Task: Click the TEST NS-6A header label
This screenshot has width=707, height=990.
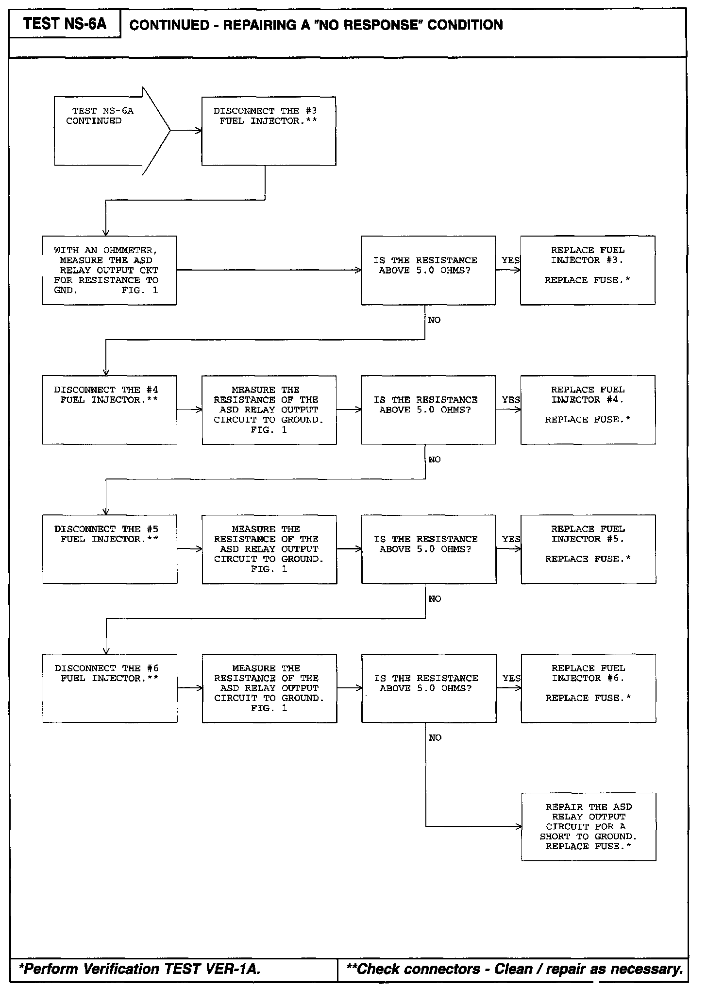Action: tap(65, 24)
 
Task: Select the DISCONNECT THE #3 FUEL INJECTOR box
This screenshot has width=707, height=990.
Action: tap(269, 131)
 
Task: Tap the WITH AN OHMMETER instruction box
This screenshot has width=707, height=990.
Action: tap(109, 270)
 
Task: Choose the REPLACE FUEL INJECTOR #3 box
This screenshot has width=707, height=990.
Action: tap(588, 270)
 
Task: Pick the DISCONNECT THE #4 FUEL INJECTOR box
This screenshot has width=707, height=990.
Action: tap(109, 410)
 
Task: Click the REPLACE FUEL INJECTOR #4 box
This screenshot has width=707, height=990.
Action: tap(588, 410)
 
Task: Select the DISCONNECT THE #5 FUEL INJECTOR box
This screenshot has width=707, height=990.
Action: tap(110, 549)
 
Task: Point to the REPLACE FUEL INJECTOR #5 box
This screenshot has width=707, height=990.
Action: tap(588, 549)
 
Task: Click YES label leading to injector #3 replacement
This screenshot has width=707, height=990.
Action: tap(510, 260)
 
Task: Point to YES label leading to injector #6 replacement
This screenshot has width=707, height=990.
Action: tap(511, 678)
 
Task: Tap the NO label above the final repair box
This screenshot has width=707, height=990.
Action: tap(435, 738)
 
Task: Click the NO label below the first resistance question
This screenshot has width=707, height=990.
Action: tap(434, 320)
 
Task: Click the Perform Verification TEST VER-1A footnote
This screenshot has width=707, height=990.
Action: tap(140, 969)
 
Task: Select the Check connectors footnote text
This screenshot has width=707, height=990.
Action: tap(515, 969)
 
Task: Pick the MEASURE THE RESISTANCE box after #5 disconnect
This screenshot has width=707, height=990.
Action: tap(269, 549)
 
